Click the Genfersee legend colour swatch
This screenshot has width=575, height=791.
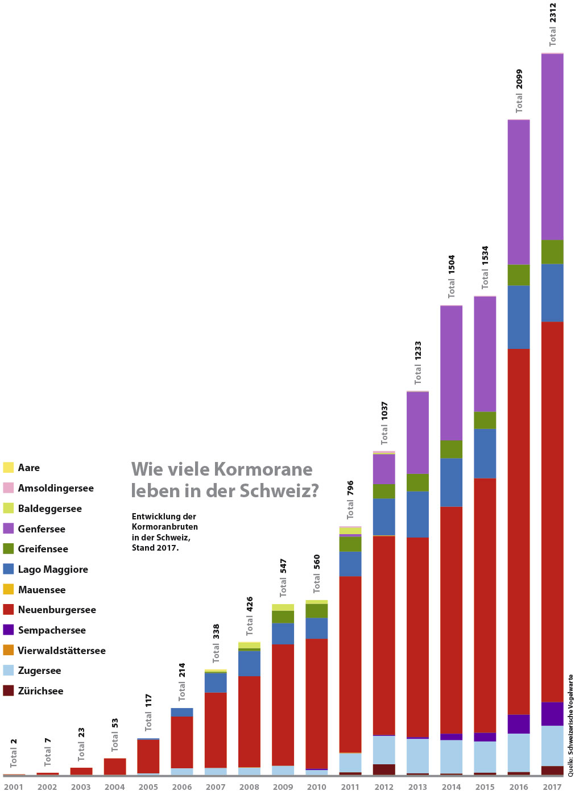8,528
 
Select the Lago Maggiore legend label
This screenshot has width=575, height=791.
53,569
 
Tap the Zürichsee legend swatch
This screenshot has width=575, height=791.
8,691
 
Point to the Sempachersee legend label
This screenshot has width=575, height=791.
52,630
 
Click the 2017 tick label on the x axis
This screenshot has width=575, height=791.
552,787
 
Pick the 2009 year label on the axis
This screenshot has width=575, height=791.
283,787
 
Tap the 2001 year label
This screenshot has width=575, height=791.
14,787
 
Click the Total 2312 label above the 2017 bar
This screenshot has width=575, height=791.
553,24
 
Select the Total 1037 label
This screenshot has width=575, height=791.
384,423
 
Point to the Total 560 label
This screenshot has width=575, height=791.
317,573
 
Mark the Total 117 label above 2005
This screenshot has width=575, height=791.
148,712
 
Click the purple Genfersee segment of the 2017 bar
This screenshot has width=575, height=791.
552,147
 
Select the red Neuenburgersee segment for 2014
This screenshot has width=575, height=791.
451,619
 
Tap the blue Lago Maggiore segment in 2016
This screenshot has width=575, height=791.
519,317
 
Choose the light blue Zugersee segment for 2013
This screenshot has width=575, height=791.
417,756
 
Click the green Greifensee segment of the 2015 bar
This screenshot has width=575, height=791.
485,420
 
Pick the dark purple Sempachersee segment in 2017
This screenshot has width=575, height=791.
552,714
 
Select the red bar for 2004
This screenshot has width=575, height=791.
115,766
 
